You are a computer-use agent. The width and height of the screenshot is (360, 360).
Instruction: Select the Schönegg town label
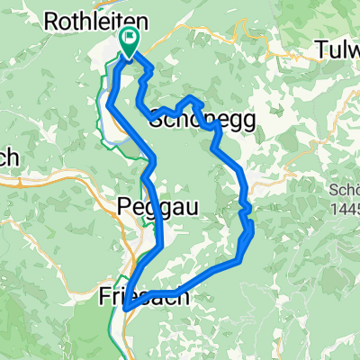(202, 119)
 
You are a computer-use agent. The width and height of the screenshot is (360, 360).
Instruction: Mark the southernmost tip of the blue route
(124, 309)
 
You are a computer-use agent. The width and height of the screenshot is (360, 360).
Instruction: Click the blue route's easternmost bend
(251, 231)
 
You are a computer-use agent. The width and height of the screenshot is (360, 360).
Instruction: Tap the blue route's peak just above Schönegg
(192, 97)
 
